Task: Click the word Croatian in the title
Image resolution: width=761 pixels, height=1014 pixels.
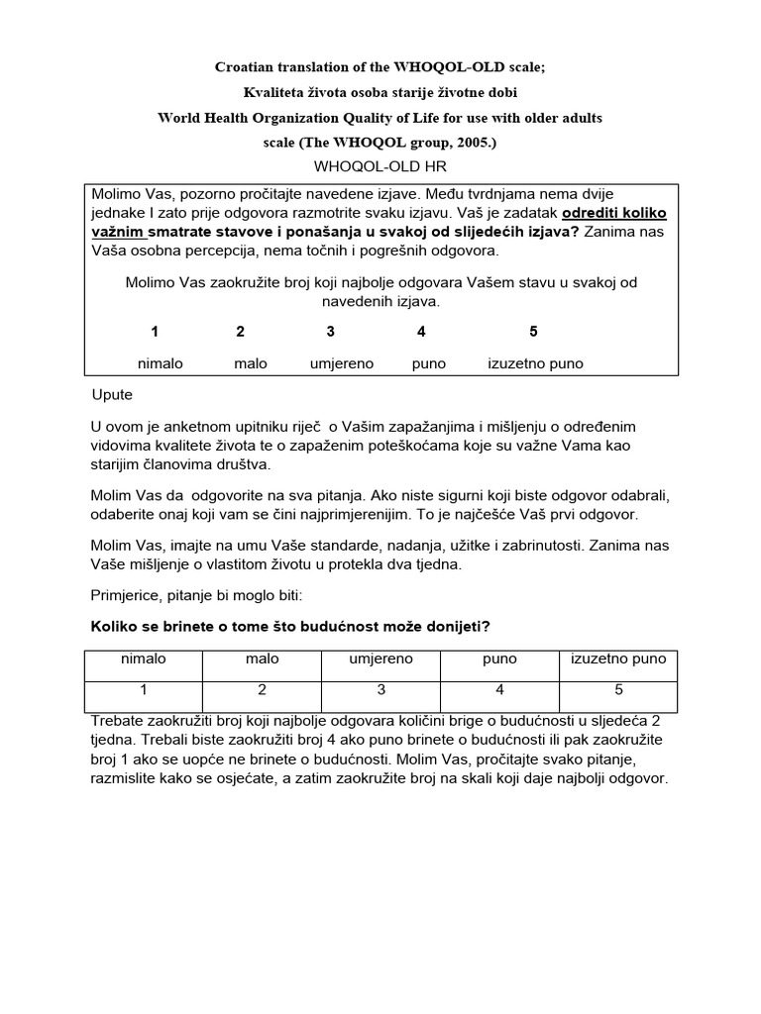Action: coord(245,67)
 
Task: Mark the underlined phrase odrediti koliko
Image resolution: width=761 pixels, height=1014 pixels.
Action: coord(614,213)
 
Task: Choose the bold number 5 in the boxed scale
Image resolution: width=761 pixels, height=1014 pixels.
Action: coord(533,332)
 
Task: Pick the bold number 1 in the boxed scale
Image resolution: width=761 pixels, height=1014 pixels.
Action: coord(155,332)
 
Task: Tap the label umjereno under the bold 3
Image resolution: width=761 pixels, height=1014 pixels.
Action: coord(342,363)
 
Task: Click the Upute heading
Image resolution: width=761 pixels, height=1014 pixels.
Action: coord(111,394)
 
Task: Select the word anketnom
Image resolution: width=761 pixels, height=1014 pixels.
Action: coord(185,427)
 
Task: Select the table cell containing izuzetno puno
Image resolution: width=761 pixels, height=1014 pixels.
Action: coord(618,659)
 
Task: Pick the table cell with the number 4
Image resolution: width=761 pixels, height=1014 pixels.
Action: coord(499,689)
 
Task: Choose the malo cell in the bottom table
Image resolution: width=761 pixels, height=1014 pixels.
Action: coord(262,659)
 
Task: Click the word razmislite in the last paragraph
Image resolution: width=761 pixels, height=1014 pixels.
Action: coord(135,778)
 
